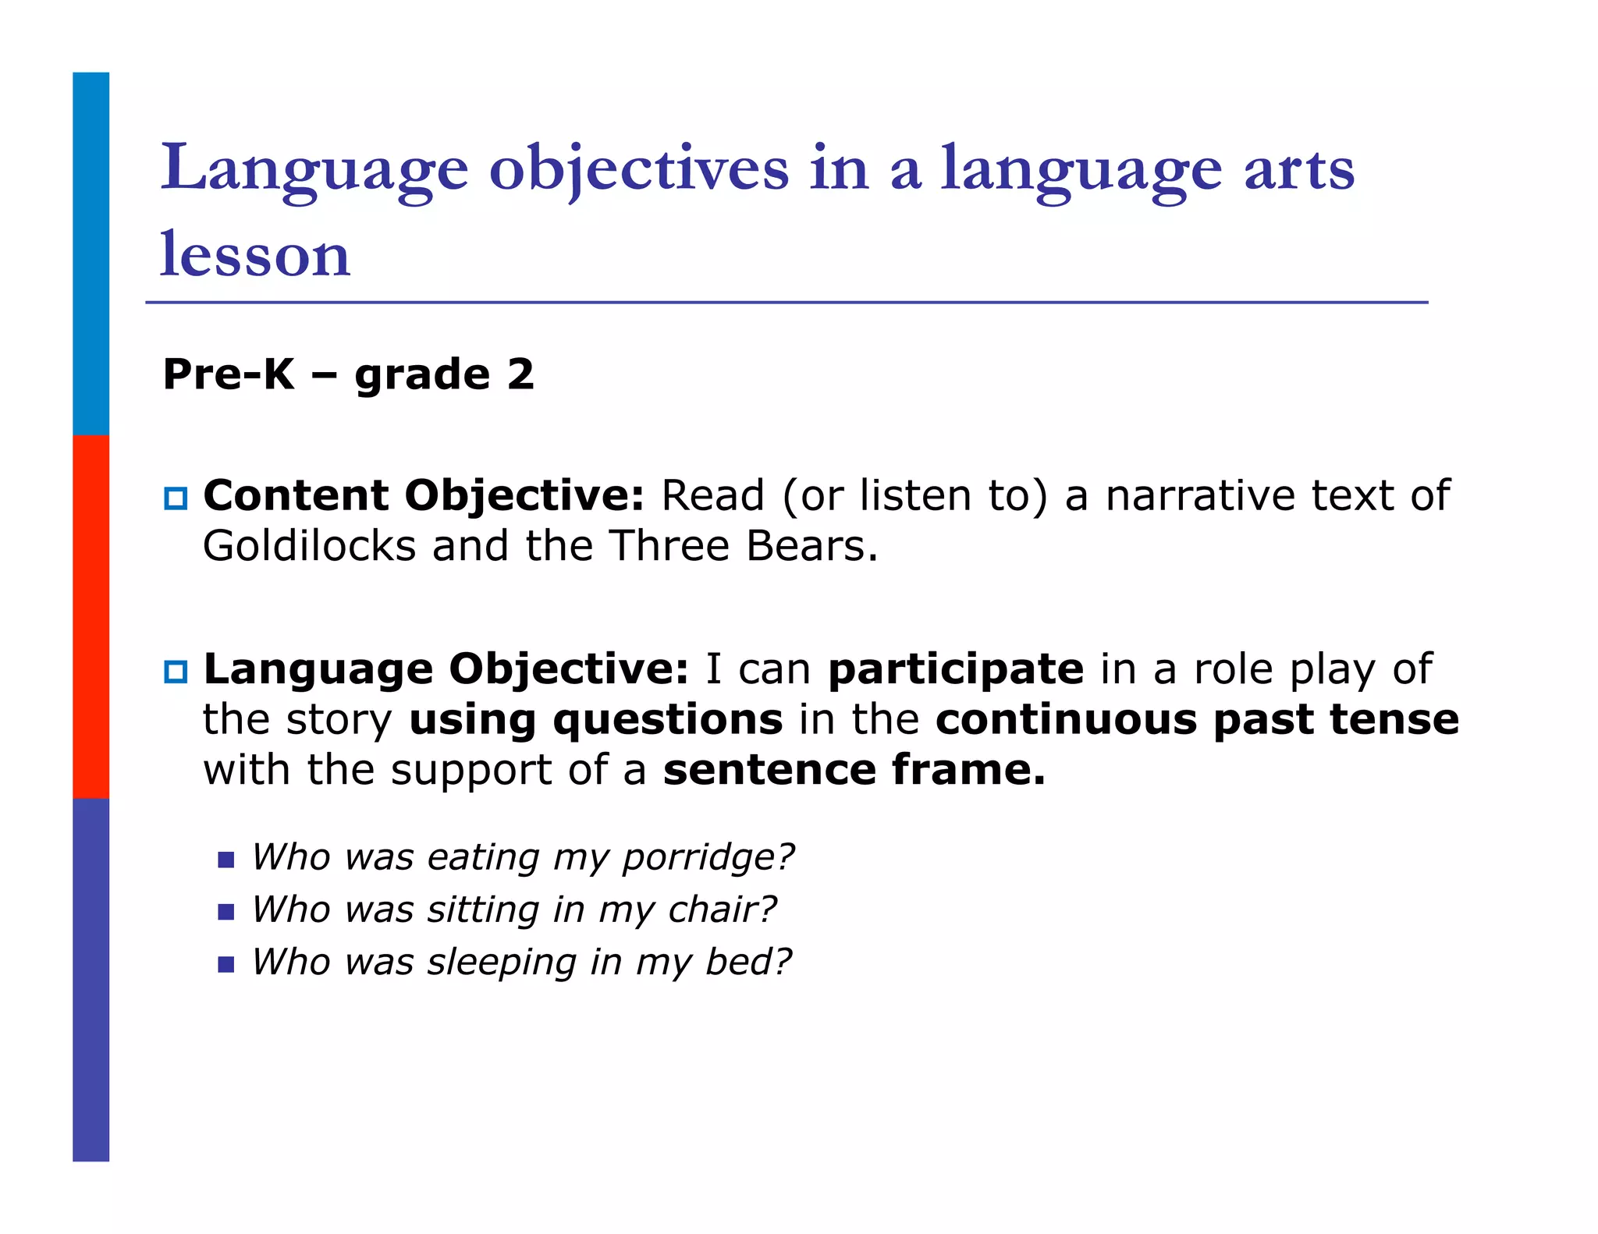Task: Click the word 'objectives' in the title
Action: [x=638, y=169]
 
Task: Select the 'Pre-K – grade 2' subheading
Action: [x=348, y=374]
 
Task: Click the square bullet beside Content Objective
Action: [x=176, y=498]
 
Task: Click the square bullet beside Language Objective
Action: [x=176, y=672]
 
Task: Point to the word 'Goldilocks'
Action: [x=309, y=546]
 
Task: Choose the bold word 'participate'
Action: [x=956, y=670]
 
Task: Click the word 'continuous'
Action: [x=1066, y=719]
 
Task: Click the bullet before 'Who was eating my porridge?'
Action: [x=226, y=860]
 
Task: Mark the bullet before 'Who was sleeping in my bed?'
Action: [x=226, y=965]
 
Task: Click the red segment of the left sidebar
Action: [x=91, y=616]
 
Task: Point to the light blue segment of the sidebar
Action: [x=91, y=254]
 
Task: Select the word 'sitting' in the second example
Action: [x=484, y=910]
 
